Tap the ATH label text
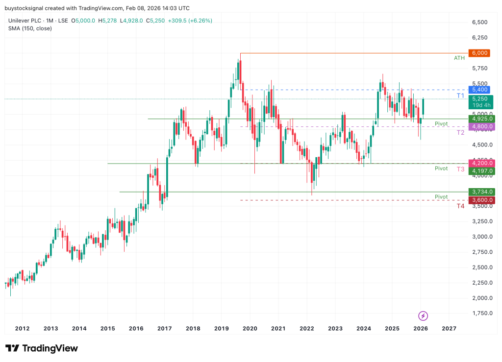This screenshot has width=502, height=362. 459,58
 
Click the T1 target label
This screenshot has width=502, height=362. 460,95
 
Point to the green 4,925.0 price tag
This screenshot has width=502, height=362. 482,119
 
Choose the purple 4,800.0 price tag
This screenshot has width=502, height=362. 482,126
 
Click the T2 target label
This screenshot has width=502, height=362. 460,132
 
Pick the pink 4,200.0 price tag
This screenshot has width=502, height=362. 482,163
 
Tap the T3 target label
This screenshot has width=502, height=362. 460,169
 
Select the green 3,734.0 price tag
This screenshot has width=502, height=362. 482,192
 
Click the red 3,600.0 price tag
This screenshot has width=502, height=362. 482,200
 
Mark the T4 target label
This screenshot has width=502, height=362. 460,206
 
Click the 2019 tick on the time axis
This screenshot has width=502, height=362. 221,328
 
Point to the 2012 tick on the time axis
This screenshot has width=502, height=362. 22,328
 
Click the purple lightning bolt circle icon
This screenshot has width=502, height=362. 424,315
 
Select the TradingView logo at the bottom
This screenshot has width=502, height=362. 42,348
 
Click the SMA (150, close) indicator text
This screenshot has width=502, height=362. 30,28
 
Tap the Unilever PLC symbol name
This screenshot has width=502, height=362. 25,21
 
